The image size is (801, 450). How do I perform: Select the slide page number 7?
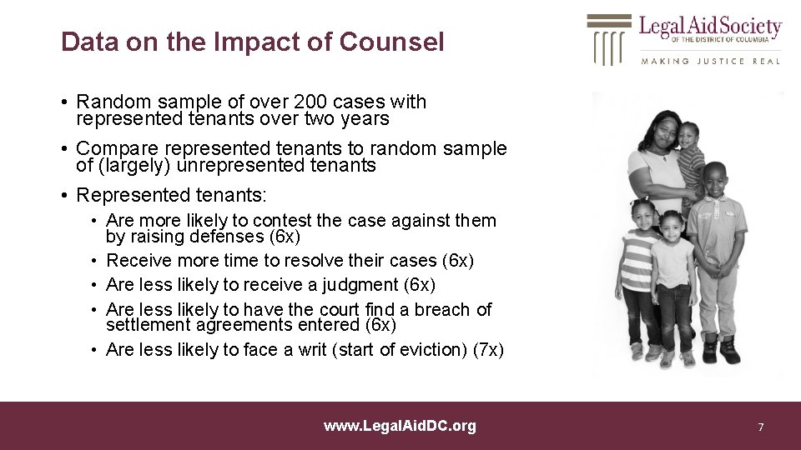click(760, 427)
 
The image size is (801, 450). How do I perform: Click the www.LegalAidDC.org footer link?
click(400, 426)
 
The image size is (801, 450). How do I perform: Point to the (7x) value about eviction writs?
click(487, 350)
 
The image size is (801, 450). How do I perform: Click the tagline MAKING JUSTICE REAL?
click(710, 61)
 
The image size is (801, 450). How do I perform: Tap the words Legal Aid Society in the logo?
click(710, 27)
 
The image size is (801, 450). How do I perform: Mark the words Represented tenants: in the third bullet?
click(171, 196)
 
